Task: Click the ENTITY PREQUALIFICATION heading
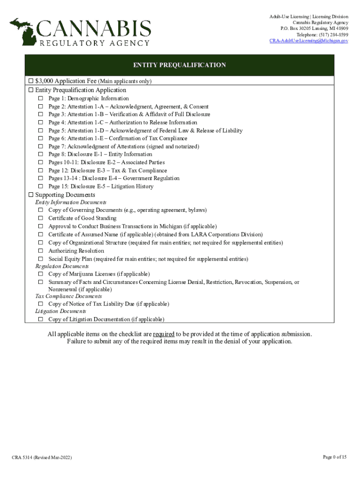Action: click(x=180, y=65)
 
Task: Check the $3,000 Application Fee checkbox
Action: click(x=31, y=81)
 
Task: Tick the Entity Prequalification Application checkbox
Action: click(x=31, y=90)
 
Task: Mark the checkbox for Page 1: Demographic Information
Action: click(x=41, y=99)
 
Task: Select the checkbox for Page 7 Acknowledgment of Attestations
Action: click(x=41, y=146)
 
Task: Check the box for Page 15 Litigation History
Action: click(x=41, y=187)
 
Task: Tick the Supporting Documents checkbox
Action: click(x=31, y=195)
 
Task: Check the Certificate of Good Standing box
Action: click(x=41, y=218)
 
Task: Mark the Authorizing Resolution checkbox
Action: click(x=41, y=251)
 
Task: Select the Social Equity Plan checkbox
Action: click(x=41, y=259)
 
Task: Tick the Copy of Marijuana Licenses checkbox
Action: click(x=41, y=274)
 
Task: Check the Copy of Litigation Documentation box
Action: click(x=41, y=319)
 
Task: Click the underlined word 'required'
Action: click(x=164, y=334)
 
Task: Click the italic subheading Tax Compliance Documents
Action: click(x=62, y=297)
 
